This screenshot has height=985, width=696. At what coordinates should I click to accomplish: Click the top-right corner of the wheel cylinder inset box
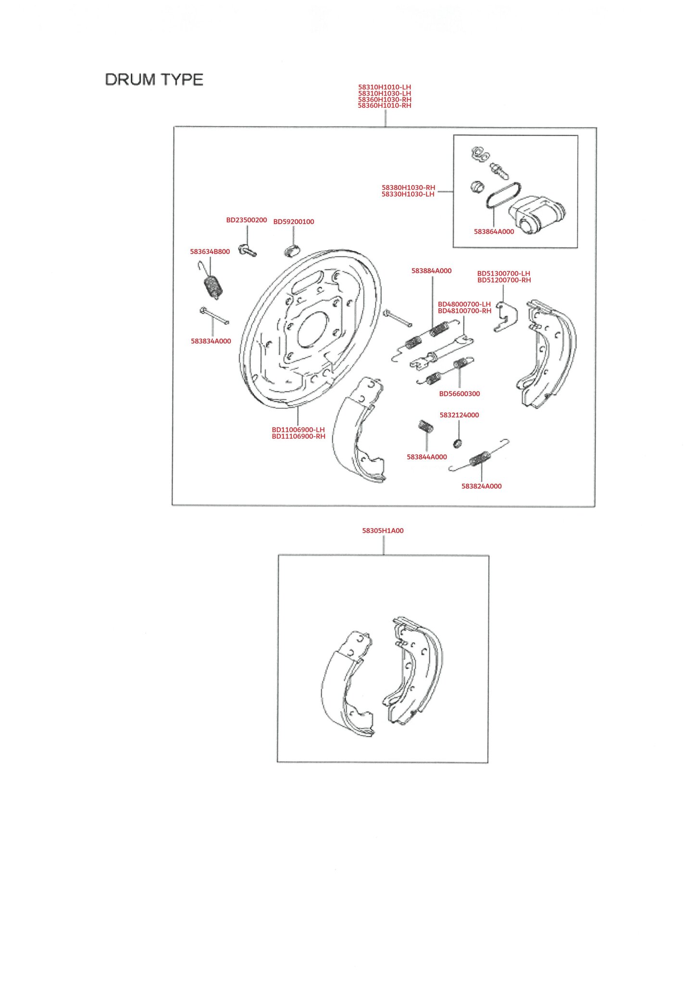[578, 136]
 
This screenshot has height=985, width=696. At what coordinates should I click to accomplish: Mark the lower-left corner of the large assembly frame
[172, 505]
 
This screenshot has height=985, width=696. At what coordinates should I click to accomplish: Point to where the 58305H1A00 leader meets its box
[384, 555]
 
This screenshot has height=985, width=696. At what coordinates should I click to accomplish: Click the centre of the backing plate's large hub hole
[312, 329]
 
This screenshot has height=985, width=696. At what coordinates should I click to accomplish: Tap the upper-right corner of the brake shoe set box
[489, 556]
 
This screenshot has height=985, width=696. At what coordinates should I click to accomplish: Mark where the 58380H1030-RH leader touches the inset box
[453, 191]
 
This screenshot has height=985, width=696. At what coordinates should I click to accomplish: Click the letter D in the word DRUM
[111, 79]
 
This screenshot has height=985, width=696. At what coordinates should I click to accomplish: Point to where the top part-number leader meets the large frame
[385, 127]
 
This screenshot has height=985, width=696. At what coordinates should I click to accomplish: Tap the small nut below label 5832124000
[459, 442]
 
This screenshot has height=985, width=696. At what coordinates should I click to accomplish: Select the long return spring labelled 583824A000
[479, 455]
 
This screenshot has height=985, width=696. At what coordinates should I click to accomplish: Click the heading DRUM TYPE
[154, 79]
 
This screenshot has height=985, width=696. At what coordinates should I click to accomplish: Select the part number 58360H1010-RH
[385, 105]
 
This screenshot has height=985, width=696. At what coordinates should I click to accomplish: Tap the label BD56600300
[460, 393]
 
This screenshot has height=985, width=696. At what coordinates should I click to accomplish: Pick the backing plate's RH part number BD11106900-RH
[298, 436]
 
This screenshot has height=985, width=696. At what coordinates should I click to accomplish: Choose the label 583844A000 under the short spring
[427, 457]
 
